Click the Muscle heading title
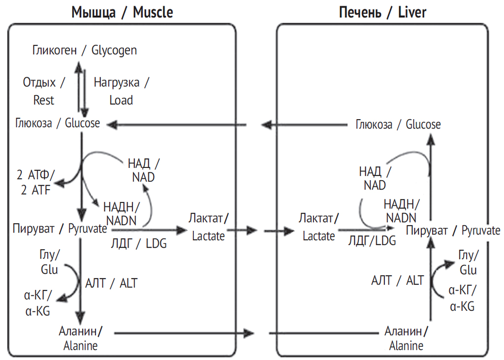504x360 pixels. coord(122,12)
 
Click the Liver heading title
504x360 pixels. coord(382,12)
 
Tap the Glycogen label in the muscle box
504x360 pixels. coord(85,50)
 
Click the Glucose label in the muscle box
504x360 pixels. coord(57,123)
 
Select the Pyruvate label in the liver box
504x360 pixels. coord(453,230)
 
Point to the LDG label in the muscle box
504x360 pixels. coord(139,243)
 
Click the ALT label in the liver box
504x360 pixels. coord(397,281)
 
